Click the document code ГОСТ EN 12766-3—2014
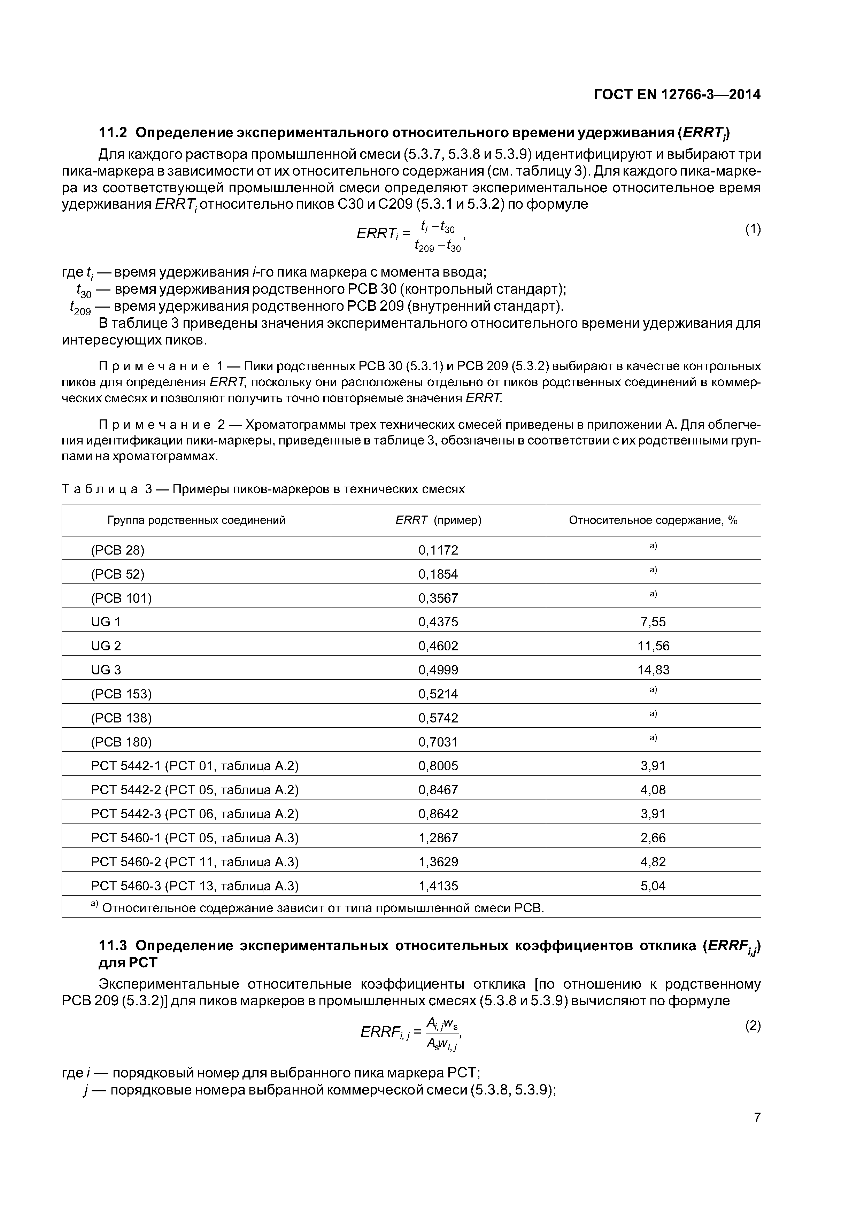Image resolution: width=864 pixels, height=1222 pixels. coord(677,95)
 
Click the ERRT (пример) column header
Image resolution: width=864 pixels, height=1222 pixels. coord(438,520)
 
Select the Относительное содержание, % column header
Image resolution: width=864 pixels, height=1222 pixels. coord(653,520)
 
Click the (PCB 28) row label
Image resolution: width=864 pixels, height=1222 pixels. coord(118,550)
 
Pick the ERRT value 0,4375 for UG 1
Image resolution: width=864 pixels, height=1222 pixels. coord(438,622)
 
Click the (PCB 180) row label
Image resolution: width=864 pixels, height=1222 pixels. coord(121,741)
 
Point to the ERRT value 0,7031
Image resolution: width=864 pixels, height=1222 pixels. coord(438,741)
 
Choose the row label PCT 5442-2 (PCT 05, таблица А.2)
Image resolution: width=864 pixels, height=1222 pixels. coord(195,789)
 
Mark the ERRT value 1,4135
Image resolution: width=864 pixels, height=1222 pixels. coord(438,885)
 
